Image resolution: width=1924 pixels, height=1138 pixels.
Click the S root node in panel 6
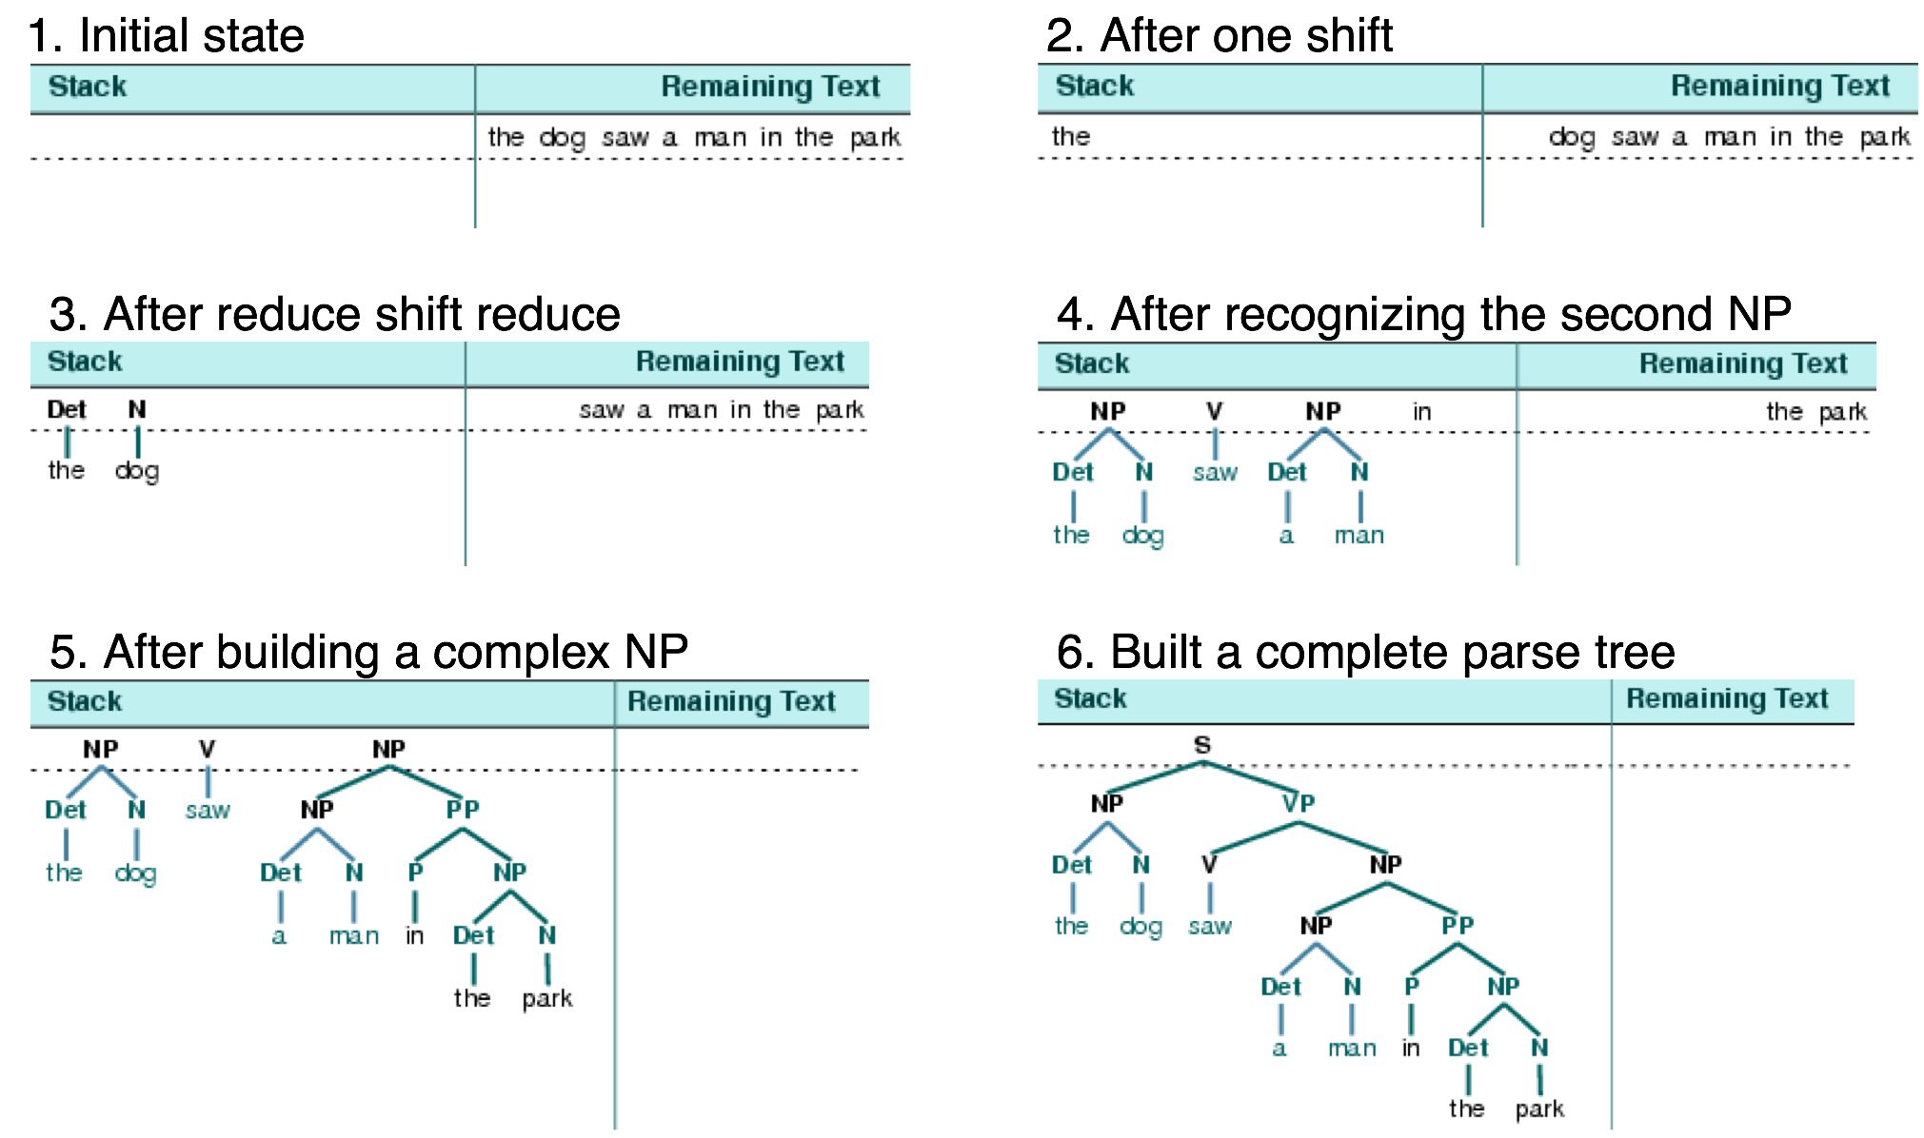tap(1201, 745)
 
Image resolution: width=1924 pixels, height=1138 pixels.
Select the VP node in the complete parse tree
tap(1298, 804)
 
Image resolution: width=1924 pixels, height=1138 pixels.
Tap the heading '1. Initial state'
tap(166, 35)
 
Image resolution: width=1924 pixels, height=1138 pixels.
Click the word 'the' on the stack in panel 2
tap(1070, 137)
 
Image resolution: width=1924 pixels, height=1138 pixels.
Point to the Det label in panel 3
tap(67, 410)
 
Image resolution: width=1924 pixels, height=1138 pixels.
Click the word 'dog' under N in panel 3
tap(137, 471)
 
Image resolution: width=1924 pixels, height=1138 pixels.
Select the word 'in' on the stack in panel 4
tap(1421, 412)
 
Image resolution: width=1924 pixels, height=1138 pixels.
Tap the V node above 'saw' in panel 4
tap(1214, 411)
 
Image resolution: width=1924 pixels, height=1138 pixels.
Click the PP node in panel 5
tap(463, 810)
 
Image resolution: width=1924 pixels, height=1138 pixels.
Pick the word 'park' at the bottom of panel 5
tap(546, 999)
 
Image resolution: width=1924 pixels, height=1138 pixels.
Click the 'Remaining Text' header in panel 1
tap(770, 87)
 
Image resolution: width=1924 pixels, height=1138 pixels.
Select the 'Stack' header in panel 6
tap(1090, 698)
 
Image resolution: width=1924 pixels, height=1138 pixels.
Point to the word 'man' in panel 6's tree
tap(1352, 1049)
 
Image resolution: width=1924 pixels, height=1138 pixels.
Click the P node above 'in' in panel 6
tap(1412, 987)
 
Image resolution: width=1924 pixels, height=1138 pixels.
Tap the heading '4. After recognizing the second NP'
tap(1423, 314)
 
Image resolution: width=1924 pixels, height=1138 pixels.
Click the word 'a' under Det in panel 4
tap(1286, 536)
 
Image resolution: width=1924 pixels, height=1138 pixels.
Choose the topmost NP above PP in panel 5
tap(388, 750)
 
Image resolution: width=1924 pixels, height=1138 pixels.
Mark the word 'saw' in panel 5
tap(208, 811)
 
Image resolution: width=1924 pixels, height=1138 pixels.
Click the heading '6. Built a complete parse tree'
tap(1365, 652)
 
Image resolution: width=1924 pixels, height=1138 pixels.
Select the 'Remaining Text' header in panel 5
tap(731, 701)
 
